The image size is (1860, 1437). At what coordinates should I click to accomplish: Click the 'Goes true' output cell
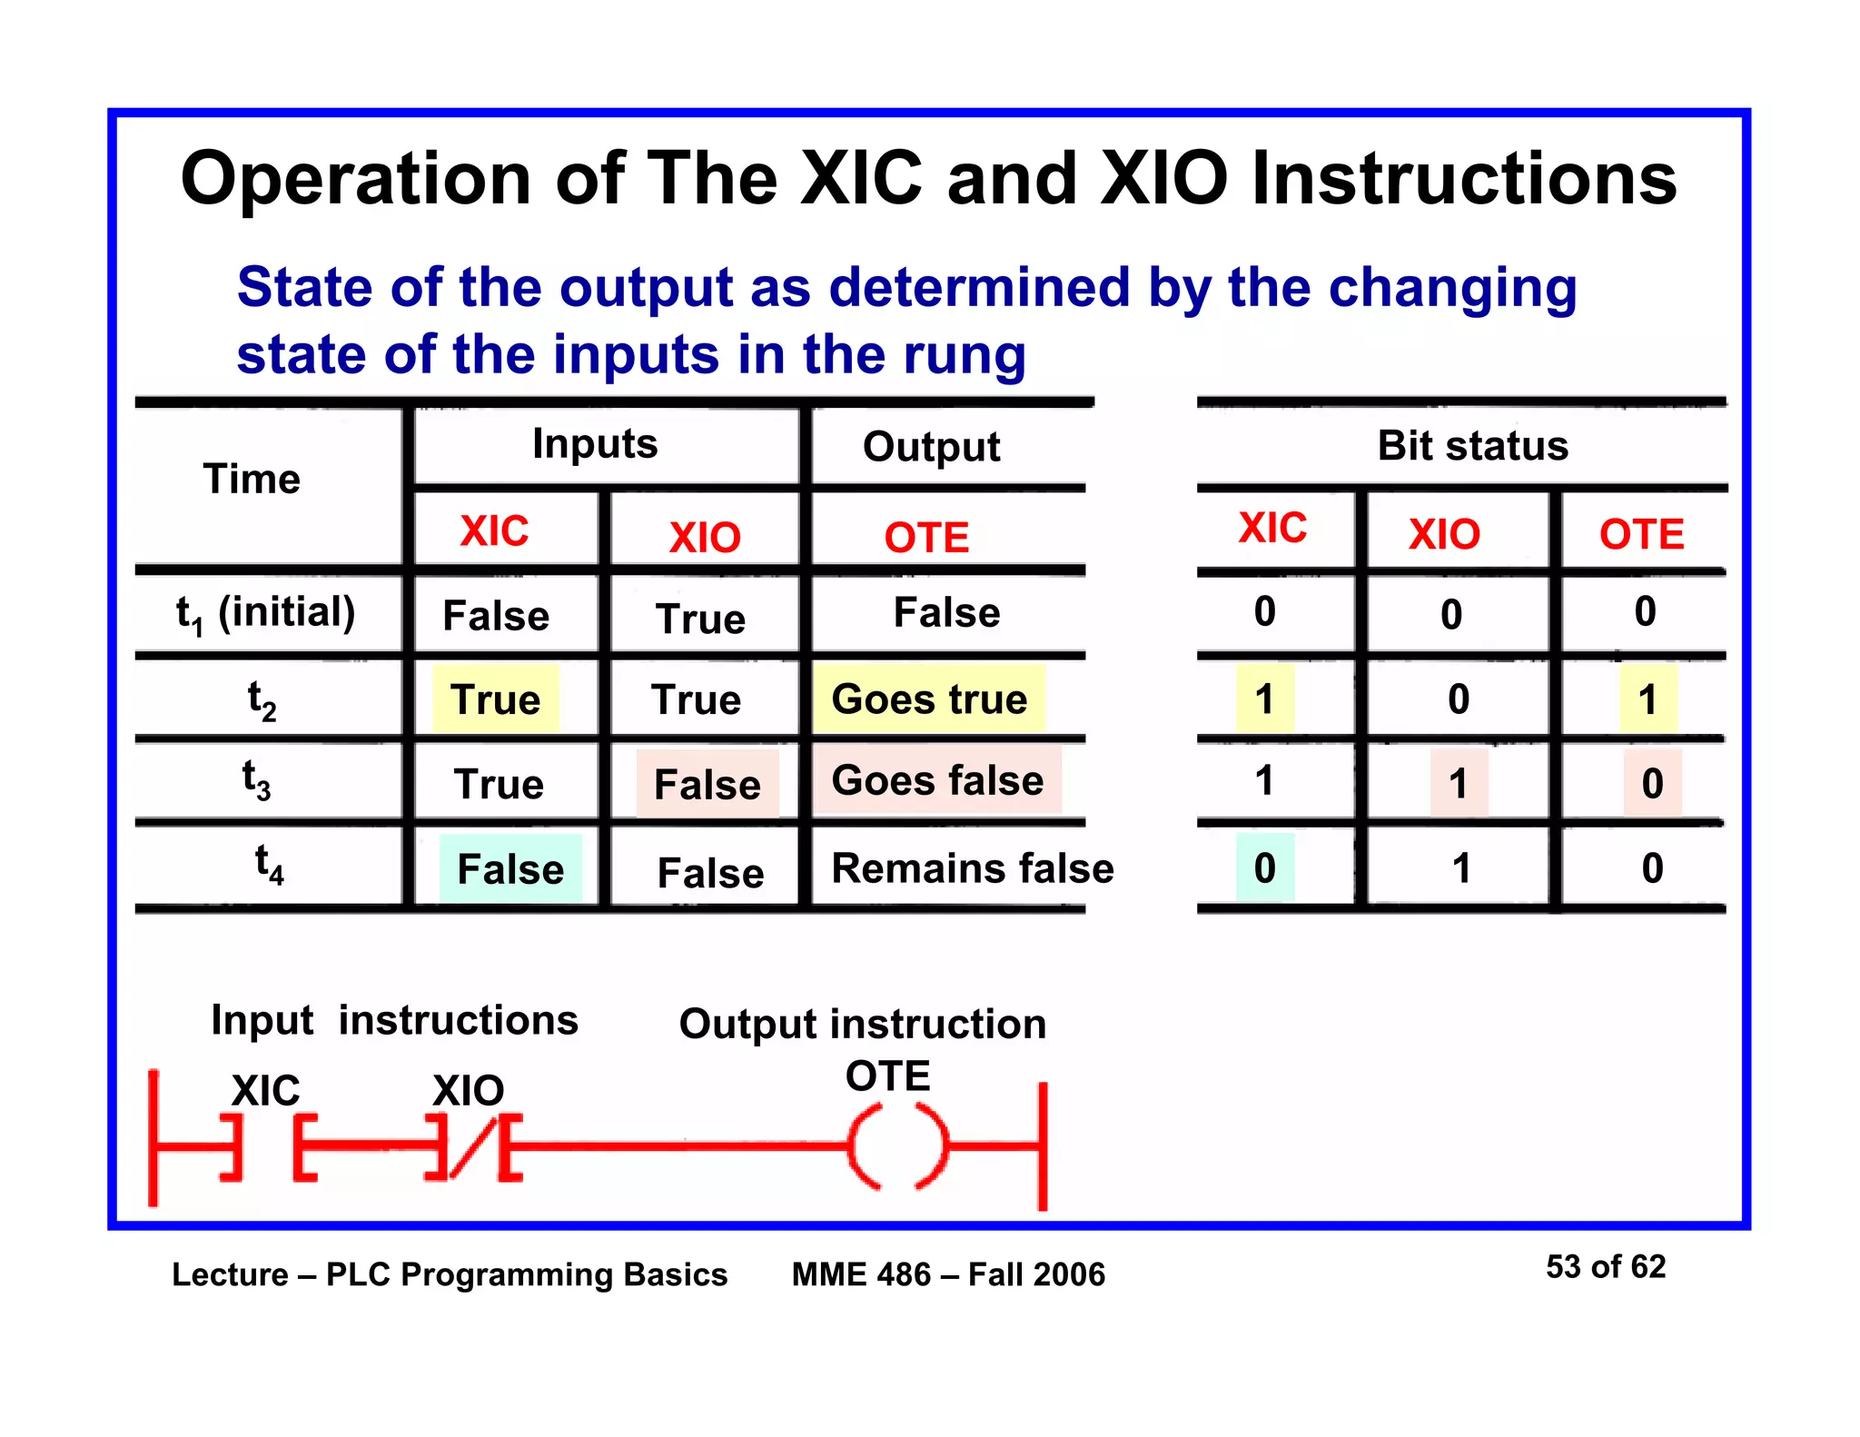coord(929,699)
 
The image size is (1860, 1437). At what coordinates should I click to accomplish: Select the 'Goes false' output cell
coord(937,781)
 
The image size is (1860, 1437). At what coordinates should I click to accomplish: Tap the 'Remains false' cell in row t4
coord(972,868)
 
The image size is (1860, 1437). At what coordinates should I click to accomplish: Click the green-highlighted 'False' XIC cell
coord(510,869)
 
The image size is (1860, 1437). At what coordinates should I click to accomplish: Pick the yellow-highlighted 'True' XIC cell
coord(496,699)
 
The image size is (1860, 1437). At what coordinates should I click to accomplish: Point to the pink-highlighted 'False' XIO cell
coord(707,784)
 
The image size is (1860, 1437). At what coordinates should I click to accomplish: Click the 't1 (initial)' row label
coord(265,613)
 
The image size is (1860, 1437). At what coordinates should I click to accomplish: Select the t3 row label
coord(257,781)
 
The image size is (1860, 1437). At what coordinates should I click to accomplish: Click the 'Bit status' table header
coord(1472,446)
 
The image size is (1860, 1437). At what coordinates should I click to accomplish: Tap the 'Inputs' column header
coord(595,444)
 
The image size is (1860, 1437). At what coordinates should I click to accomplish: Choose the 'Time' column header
coord(252,479)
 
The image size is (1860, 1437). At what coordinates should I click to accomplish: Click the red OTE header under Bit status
coord(1641,534)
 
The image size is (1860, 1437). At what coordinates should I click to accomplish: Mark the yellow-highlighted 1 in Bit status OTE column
coord(1647,699)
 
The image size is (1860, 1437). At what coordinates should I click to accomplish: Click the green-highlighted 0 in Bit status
coord(1265,868)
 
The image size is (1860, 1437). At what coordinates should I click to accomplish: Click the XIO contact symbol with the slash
coord(473,1147)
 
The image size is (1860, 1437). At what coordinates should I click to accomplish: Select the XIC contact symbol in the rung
coord(269,1147)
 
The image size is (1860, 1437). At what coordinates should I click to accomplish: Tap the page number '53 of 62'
coord(1605,1266)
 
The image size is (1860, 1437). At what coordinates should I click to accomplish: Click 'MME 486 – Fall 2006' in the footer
coord(948,1274)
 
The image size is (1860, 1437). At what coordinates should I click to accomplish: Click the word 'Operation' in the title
coord(355,179)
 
